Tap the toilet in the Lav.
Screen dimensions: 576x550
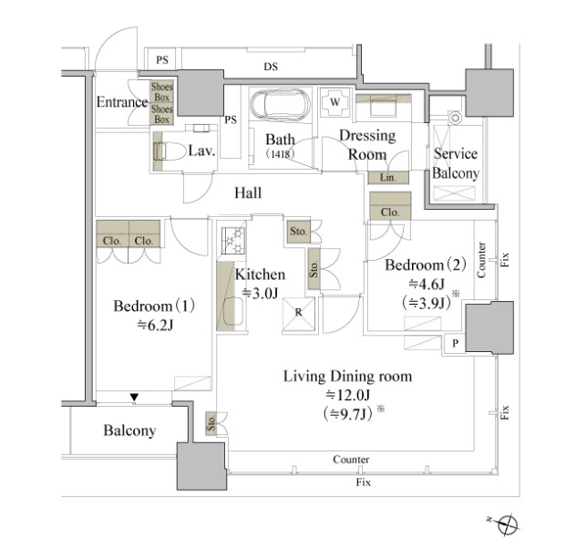[x=170, y=150]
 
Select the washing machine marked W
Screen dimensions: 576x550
[x=334, y=102]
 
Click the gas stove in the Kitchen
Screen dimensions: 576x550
[x=233, y=240]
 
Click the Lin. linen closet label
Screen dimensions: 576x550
[x=388, y=178]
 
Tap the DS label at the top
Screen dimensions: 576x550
[x=271, y=67]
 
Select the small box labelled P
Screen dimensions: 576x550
[x=455, y=343]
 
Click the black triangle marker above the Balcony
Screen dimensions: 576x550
[x=134, y=398]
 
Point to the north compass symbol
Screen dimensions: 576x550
[x=508, y=524]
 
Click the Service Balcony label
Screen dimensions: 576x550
[x=456, y=163]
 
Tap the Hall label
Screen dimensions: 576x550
[x=248, y=192]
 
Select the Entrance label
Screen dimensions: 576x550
[x=122, y=102]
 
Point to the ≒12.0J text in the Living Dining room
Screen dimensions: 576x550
[x=348, y=395]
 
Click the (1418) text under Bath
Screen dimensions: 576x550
[x=280, y=153]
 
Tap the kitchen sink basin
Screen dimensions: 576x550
[x=233, y=311]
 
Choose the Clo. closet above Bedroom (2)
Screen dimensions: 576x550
[x=390, y=206]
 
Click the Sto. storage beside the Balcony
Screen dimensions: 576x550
[x=211, y=423]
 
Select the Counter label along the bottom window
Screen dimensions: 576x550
[x=351, y=460]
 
